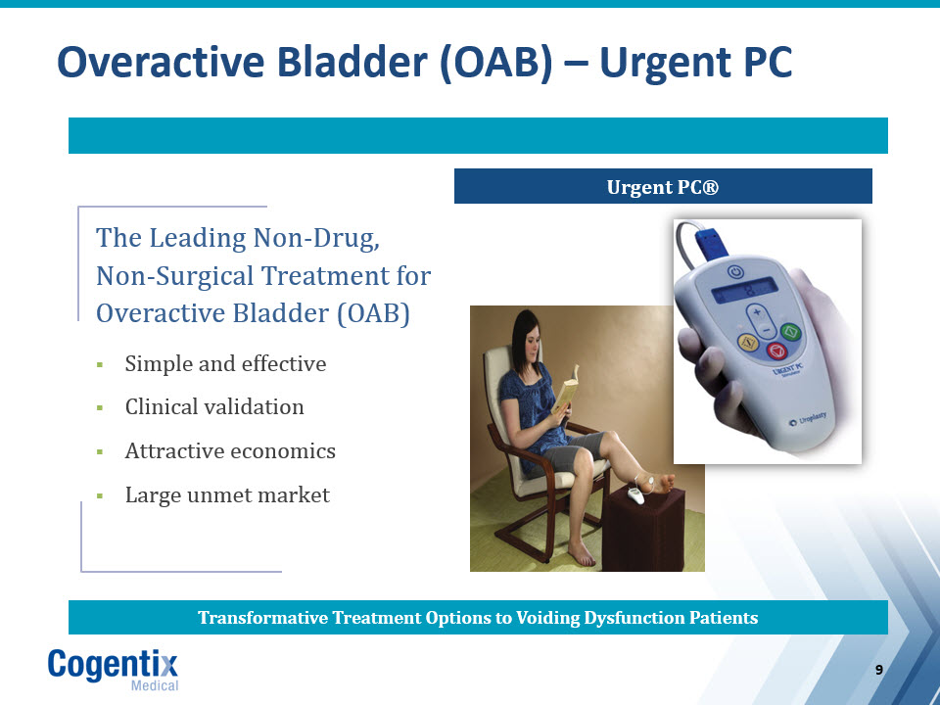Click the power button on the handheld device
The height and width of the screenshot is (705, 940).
coord(735,272)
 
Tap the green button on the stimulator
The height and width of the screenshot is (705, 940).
coord(790,332)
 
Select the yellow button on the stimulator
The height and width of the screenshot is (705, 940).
coord(747,343)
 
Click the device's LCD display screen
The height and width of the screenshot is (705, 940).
coord(744,290)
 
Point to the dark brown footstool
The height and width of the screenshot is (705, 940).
coord(643,529)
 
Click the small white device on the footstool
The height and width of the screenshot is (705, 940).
coord(635,495)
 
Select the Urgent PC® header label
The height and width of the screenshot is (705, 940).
coord(663,187)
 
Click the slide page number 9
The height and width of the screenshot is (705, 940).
coord(879,670)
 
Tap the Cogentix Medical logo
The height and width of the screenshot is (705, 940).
coord(114,669)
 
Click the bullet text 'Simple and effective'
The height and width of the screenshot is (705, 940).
coord(225,363)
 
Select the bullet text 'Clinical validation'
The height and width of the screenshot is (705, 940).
coord(214,406)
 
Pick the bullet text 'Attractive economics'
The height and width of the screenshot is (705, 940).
coord(230,450)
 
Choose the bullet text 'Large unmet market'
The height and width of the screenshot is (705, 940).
coord(227,494)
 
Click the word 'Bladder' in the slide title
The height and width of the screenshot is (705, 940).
coord(352,62)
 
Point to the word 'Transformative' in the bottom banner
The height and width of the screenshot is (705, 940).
coord(262,618)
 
